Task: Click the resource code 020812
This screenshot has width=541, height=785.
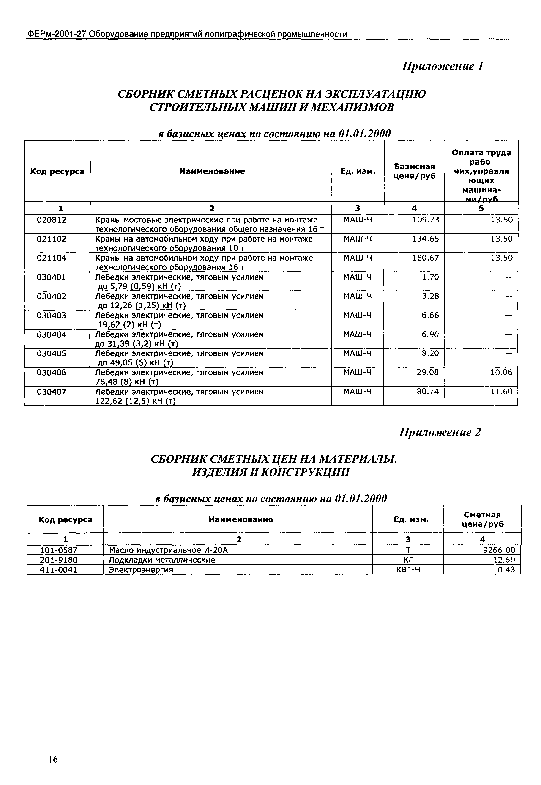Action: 52,220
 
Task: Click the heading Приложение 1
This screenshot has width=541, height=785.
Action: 442,66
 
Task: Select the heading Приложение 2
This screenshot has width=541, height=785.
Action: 440,432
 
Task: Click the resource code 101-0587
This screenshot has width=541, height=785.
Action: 59,550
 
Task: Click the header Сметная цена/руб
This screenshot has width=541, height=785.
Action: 482,519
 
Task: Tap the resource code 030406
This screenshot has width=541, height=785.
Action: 52,373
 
